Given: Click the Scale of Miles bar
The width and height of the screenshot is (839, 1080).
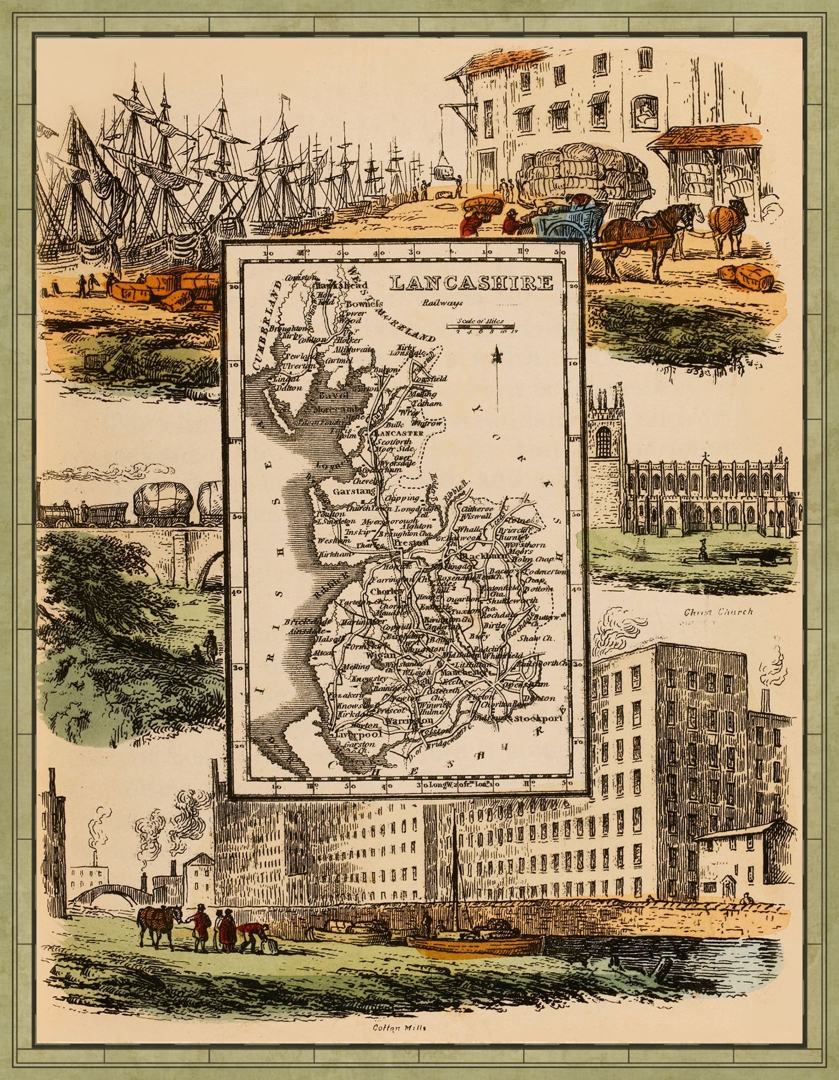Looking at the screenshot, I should tap(475, 326).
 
